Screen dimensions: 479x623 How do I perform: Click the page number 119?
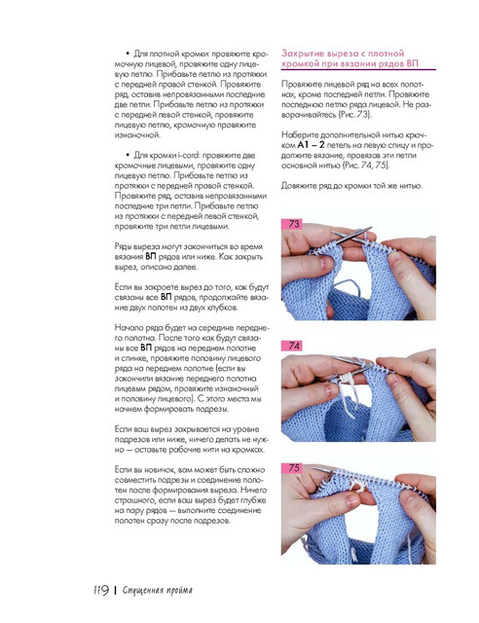coord(101,590)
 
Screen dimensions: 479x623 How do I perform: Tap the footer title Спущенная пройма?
coord(158,591)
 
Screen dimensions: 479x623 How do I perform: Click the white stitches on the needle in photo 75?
coord(357,485)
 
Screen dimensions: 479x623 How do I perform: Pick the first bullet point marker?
coord(128,54)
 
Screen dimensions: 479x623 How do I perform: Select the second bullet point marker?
coord(128,155)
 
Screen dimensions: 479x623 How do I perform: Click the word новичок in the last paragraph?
coord(157,470)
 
